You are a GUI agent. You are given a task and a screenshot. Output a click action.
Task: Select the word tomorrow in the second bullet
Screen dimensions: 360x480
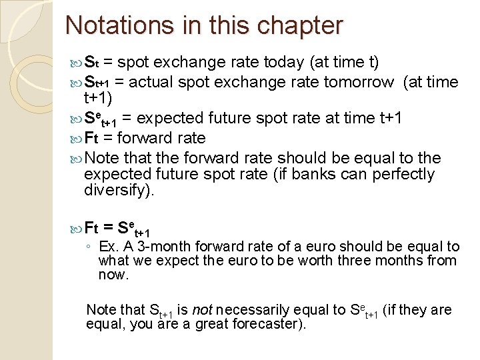(359, 82)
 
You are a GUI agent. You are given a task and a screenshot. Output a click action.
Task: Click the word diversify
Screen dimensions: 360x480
(117, 191)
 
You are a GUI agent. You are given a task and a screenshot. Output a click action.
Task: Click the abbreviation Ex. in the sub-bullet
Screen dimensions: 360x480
(109, 247)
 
